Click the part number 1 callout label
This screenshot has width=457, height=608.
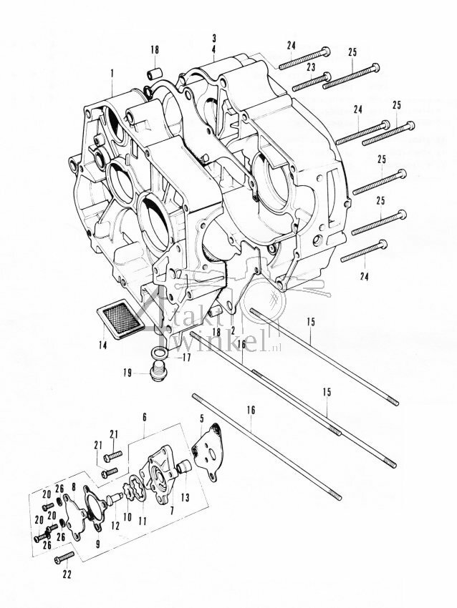point(112,72)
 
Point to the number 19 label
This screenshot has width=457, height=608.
point(126,373)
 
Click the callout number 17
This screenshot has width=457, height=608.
point(186,358)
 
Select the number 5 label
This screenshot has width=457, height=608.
point(203,418)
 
